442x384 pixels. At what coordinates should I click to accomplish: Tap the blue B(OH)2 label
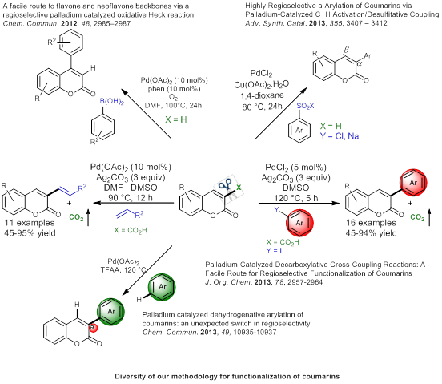112,102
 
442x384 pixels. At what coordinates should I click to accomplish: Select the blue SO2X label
305,106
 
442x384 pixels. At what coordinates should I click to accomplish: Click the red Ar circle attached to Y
299,223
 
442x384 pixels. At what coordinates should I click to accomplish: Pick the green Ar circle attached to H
162,287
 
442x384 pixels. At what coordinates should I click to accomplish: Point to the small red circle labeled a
93,328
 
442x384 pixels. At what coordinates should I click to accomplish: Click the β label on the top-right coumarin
346,51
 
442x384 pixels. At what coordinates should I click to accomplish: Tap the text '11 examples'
30,223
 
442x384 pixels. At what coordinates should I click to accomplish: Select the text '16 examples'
371,223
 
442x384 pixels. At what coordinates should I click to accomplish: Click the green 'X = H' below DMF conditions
176,119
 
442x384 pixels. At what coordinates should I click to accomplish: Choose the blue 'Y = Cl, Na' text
340,136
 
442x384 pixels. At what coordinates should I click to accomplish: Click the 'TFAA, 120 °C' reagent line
123,270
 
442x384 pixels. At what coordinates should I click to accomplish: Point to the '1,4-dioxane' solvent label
262,96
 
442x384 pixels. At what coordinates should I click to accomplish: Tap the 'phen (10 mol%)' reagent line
175,89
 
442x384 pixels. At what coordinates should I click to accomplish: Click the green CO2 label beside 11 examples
76,217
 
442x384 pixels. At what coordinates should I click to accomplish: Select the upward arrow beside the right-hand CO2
429,217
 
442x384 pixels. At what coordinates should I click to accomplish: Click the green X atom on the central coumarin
239,188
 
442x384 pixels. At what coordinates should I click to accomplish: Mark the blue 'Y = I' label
274,251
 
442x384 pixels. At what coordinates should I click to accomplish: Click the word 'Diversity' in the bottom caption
129,376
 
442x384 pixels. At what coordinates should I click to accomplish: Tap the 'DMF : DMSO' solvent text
131,188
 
